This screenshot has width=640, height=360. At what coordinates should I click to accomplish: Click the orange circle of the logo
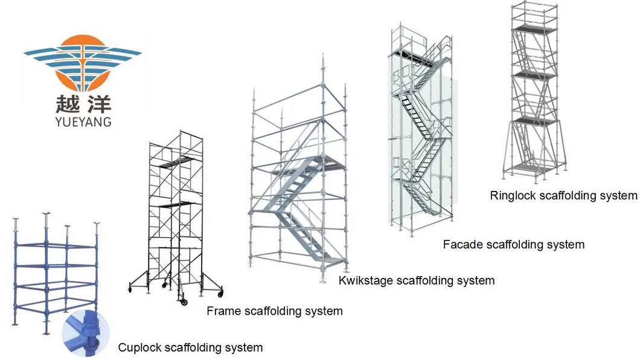83,60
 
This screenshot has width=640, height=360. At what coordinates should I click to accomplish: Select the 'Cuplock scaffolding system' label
190,347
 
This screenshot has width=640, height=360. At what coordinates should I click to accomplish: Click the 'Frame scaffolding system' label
274,312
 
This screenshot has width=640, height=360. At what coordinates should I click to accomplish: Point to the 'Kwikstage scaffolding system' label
416,280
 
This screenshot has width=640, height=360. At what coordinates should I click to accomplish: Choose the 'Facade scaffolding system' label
513,245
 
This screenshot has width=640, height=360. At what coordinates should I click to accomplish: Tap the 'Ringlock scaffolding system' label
563,195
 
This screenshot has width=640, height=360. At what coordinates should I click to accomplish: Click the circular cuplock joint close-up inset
86,333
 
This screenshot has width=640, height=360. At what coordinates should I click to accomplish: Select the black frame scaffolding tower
174,211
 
